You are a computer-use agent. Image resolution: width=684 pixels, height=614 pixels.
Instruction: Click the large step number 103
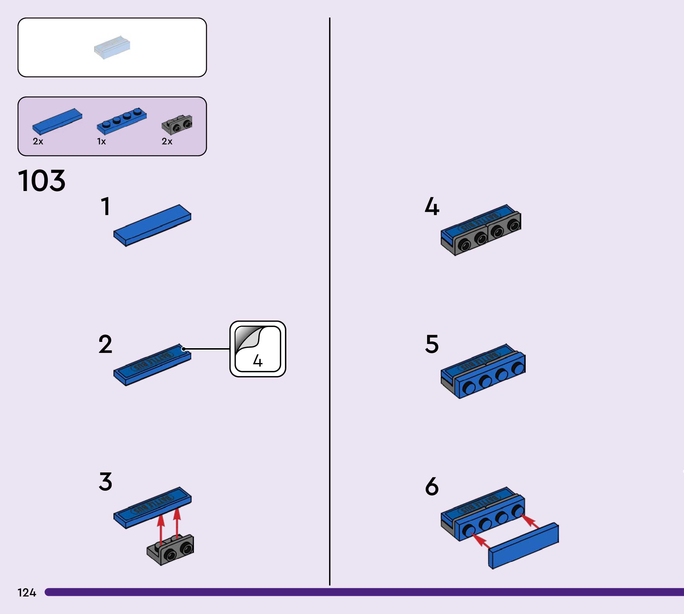pyautogui.click(x=42, y=181)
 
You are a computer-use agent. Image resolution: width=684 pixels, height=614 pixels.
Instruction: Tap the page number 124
pyautogui.click(x=27, y=592)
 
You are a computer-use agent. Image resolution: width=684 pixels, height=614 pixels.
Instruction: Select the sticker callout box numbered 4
pyautogui.click(x=258, y=349)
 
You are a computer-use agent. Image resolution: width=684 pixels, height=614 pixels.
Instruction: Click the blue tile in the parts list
pyautogui.click(x=57, y=121)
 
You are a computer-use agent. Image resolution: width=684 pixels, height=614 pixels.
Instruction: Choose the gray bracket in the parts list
pyautogui.click(x=177, y=124)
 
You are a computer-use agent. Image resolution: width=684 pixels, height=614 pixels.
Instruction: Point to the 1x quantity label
pyautogui.click(x=101, y=141)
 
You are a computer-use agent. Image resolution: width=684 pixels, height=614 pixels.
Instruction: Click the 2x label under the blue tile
pyautogui.click(x=38, y=141)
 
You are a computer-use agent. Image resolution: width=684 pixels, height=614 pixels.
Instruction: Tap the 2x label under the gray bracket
pyautogui.click(x=167, y=141)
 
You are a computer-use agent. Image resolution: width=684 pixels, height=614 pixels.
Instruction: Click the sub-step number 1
pyautogui.click(x=105, y=206)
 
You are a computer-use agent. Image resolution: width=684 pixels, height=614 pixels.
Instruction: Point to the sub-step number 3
pyautogui.click(x=105, y=482)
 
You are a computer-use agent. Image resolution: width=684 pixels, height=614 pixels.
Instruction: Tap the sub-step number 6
pyautogui.click(x=432, y=487)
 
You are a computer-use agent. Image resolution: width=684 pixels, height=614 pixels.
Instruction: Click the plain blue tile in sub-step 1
pyautogui.click(x=152, y=225)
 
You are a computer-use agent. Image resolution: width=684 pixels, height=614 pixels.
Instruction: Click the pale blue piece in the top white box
pyautogui.click(x=112, y=47)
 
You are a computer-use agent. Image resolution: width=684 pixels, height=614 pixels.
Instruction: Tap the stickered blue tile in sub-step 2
pyautogui.click(x=152, y=364)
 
